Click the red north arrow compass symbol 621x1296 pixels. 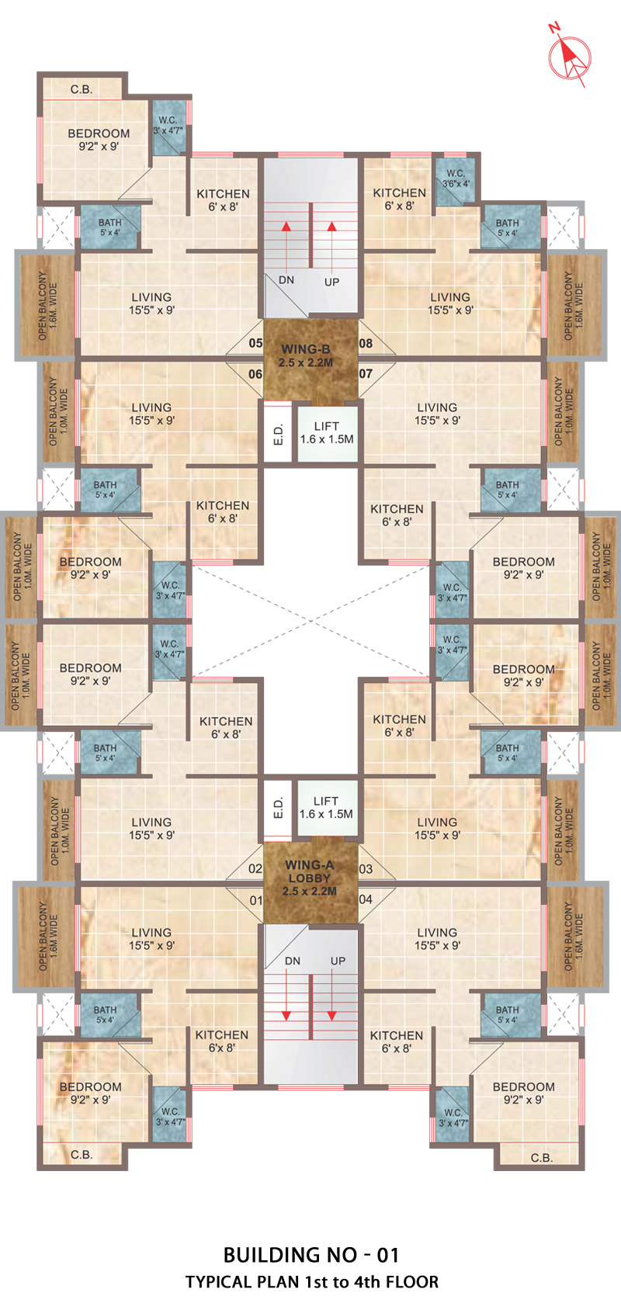coord(570,58)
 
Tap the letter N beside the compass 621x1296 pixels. coord(554,26)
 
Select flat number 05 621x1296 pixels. coord(255,343)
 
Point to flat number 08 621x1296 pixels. coord(366,343)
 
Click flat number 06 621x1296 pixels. coord(255,374)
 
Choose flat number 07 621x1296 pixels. coord(366,374)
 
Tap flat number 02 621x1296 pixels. coord(255,868)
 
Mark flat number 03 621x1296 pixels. coord(366,868)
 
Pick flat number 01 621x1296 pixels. coord(256,900)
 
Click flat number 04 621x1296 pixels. coord(366,899)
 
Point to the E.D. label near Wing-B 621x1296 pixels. coord(279,434)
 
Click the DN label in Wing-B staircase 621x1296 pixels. coord(286,280)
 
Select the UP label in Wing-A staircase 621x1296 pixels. coord(338,961)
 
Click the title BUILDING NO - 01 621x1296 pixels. coord(311,1255)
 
